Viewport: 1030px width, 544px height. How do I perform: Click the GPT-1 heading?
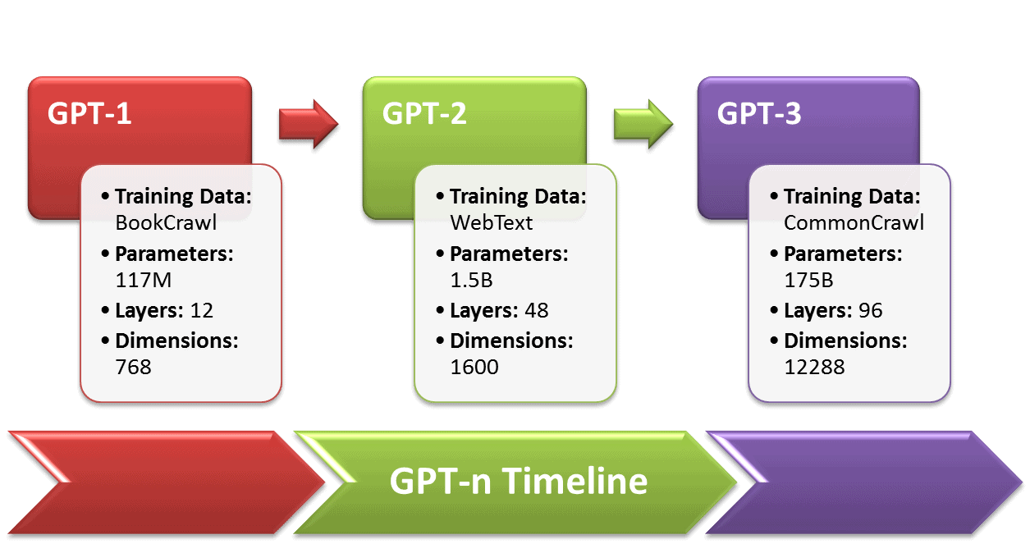(89, 113)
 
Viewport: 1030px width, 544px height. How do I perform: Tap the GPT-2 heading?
(424, 113)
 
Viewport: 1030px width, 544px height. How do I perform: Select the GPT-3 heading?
(759, 113)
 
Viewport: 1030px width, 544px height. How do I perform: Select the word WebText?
(492, 222)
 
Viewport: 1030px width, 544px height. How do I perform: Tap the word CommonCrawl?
(854, 222)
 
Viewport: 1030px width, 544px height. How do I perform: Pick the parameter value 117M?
(144, 280)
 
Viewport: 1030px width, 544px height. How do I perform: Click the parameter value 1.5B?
(471, 280)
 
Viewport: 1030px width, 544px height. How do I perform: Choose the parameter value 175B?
(808, 280)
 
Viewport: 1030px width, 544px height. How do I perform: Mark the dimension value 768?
(134, 366)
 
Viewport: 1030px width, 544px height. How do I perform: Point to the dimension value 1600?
(474, 366)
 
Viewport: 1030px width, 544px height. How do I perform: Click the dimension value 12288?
(814, 366)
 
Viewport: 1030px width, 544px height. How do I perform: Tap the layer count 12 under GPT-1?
(200, 310)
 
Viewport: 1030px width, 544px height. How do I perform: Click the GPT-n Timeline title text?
(518, 481)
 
